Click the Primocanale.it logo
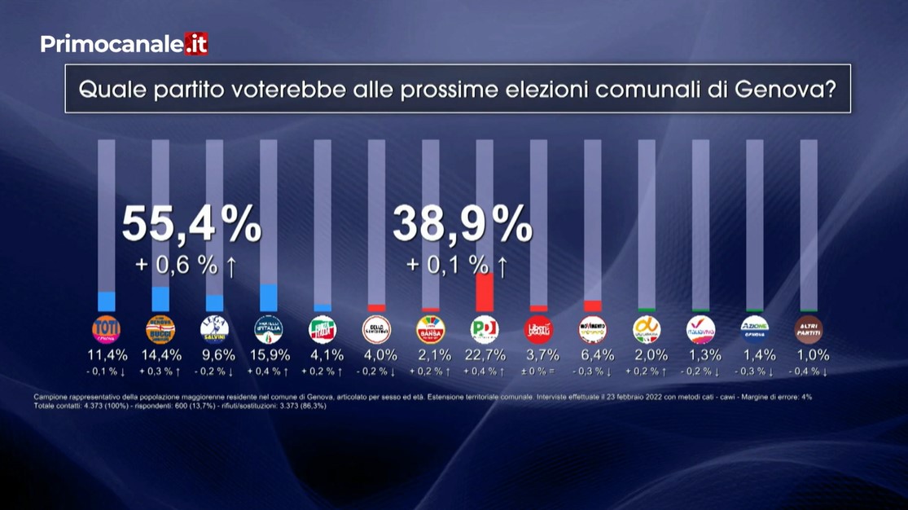[124, 44]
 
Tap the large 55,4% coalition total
[192, 224]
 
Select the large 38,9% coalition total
[463, 224]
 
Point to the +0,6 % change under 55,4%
[186, 266]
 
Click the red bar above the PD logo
[485, 292]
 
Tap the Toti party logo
[107, 329]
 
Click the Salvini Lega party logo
[215, 329]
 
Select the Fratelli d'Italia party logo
[269, 329]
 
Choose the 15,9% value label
[269, 355]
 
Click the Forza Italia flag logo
[322, 329]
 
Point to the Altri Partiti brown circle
[809, 329]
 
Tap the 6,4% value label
[593, 355]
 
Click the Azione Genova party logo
[755, 329]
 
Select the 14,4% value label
[160, 355]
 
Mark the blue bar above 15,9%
[269, 297]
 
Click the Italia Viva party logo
[700, 329]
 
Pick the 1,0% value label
[809, 355]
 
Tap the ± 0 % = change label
[538, 372]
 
